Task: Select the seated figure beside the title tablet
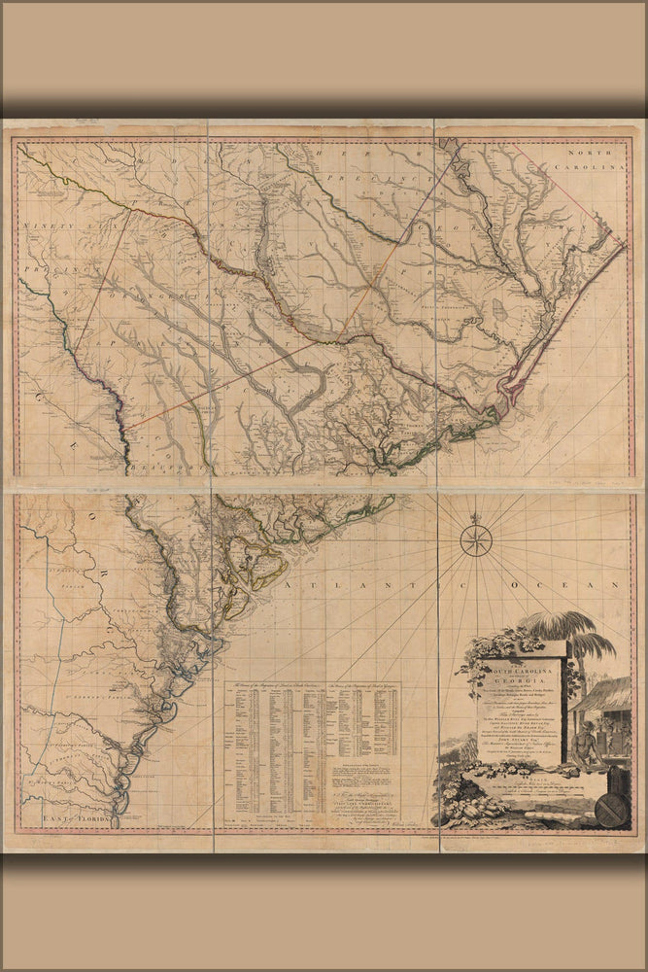[x=583, y=747]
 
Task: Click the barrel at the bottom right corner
[x=611, y=803]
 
